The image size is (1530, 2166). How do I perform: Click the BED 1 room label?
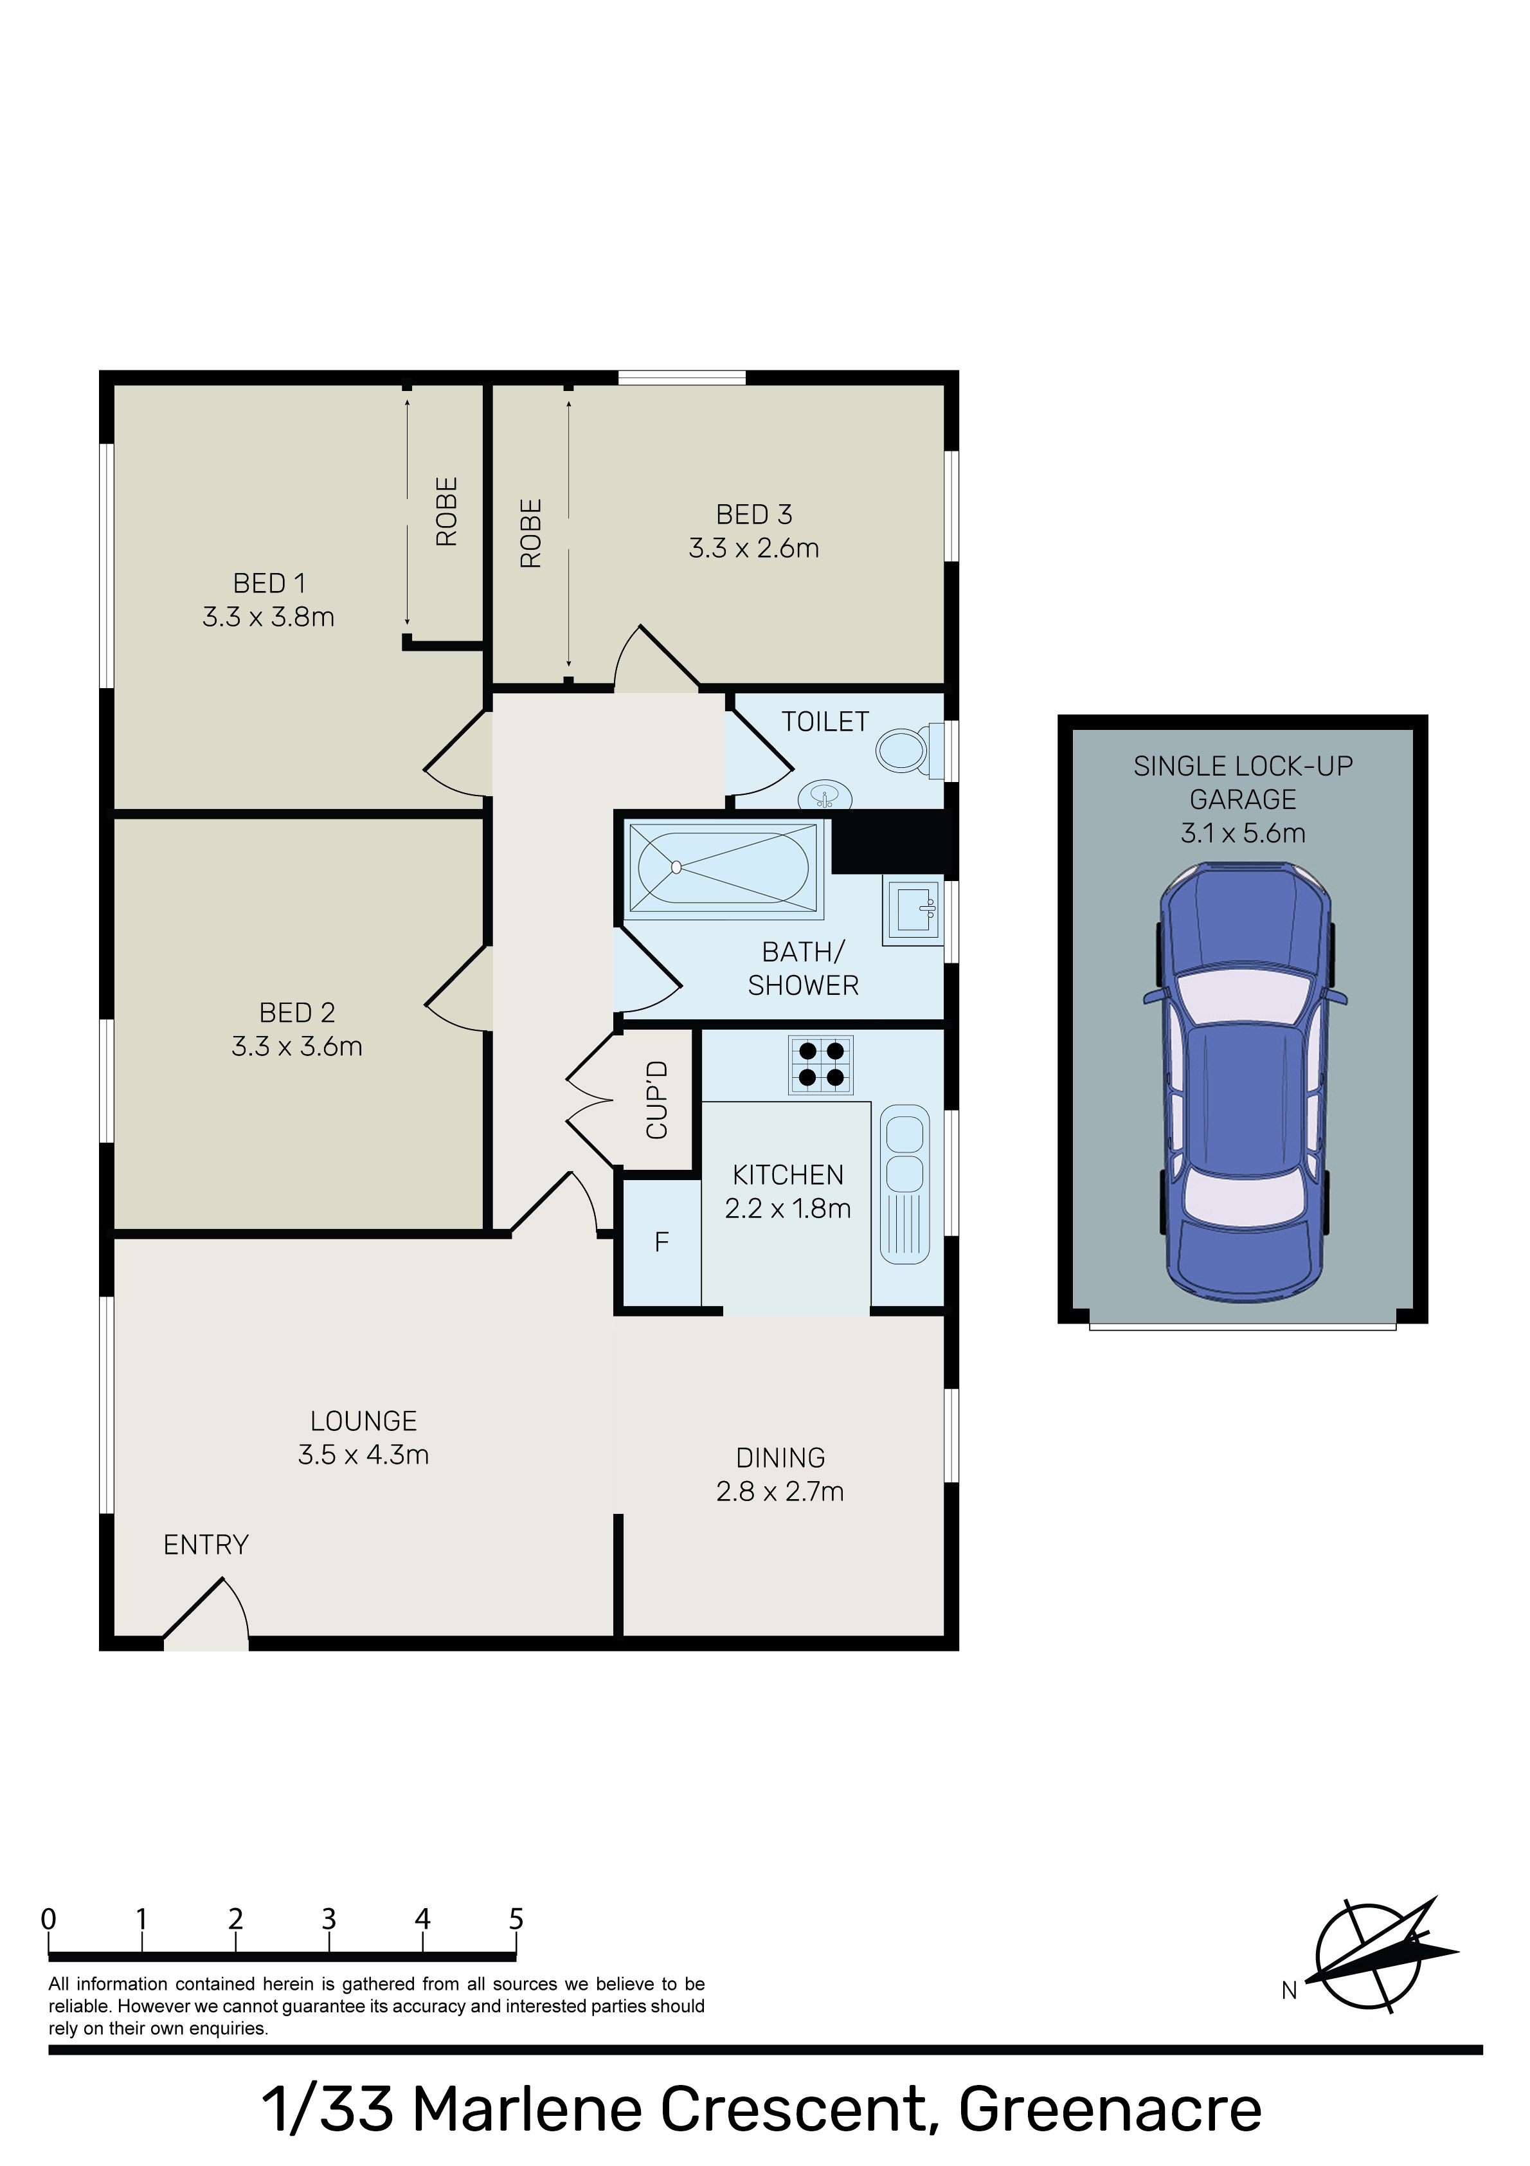269,583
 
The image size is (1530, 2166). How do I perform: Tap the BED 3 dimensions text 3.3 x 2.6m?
753,548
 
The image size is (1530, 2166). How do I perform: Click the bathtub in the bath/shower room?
723,868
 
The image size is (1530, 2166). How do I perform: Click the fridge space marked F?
661,1241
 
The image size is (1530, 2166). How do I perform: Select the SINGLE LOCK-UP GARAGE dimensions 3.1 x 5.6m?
1243,833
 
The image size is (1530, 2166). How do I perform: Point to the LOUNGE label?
364,1421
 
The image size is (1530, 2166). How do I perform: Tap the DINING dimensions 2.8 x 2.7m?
780,1491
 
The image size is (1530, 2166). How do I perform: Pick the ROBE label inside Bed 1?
446,511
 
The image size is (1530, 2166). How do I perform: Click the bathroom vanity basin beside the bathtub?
913,911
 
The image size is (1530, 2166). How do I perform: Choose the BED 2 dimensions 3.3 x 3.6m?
297,1046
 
